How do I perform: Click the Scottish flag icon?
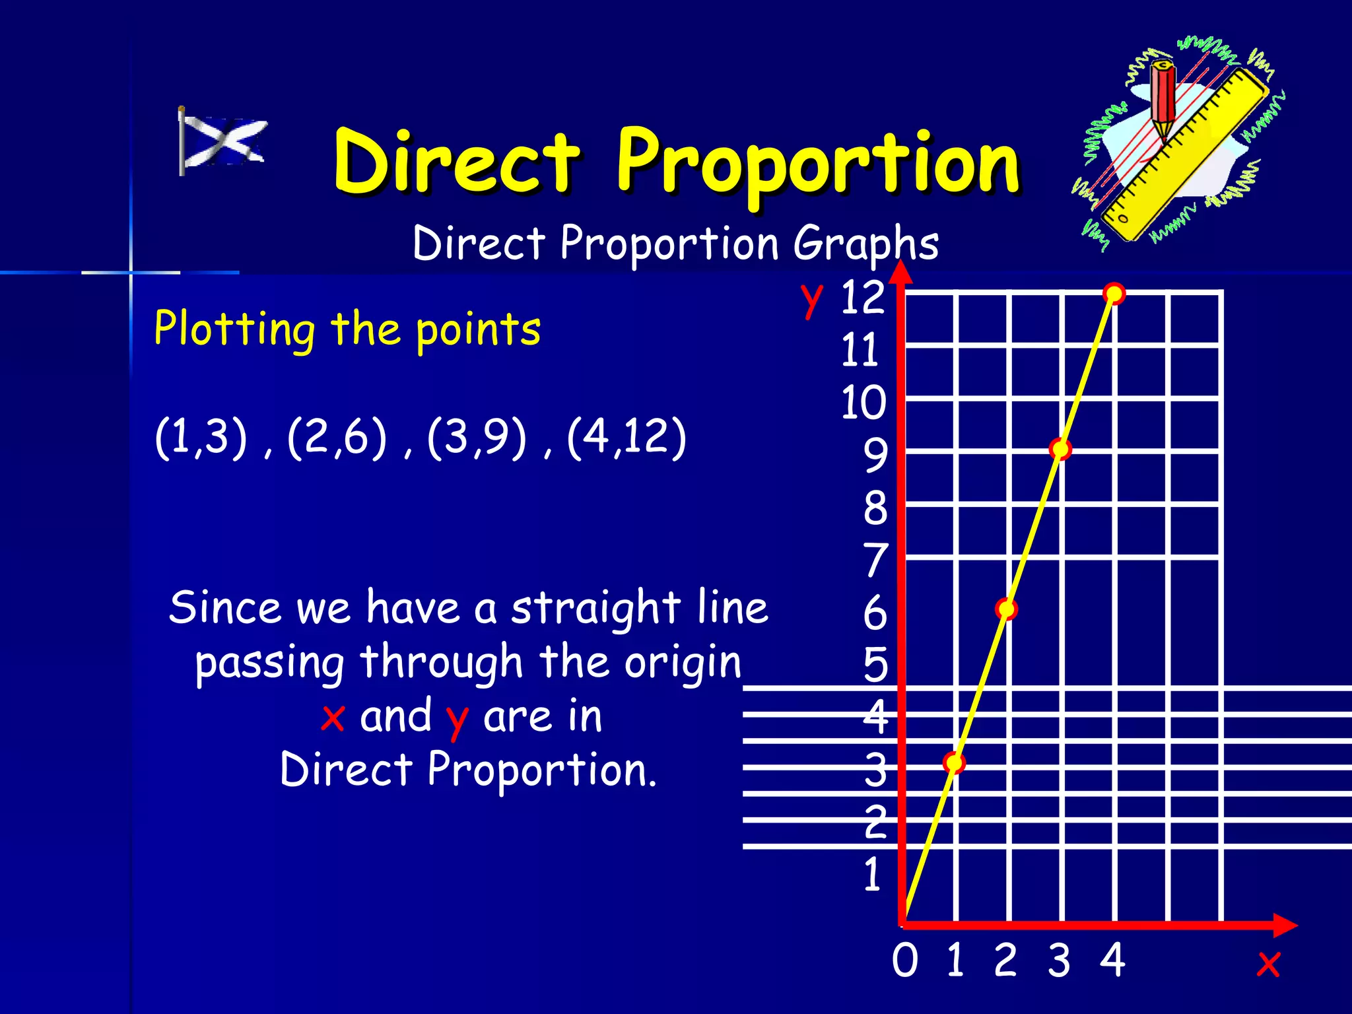coord(222,141)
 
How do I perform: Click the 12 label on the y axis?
coord(862,298)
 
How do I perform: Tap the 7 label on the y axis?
coord(876,560)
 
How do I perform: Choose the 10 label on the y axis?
coord(863,403)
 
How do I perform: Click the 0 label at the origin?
coord(905,961)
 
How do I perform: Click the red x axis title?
coord(1268,964)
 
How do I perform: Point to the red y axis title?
coord(812,299)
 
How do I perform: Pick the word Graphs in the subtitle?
coord(865,244)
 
